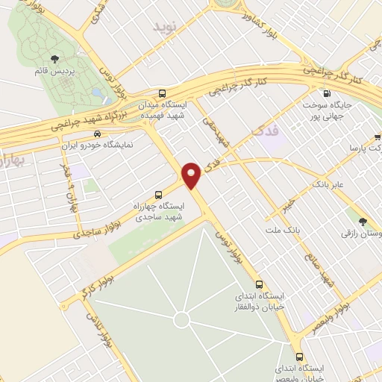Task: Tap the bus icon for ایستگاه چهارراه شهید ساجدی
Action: (157, 194)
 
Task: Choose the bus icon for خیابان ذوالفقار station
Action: (259, 284)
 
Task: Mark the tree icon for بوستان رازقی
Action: (363, 221)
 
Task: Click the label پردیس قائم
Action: (54, 73)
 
